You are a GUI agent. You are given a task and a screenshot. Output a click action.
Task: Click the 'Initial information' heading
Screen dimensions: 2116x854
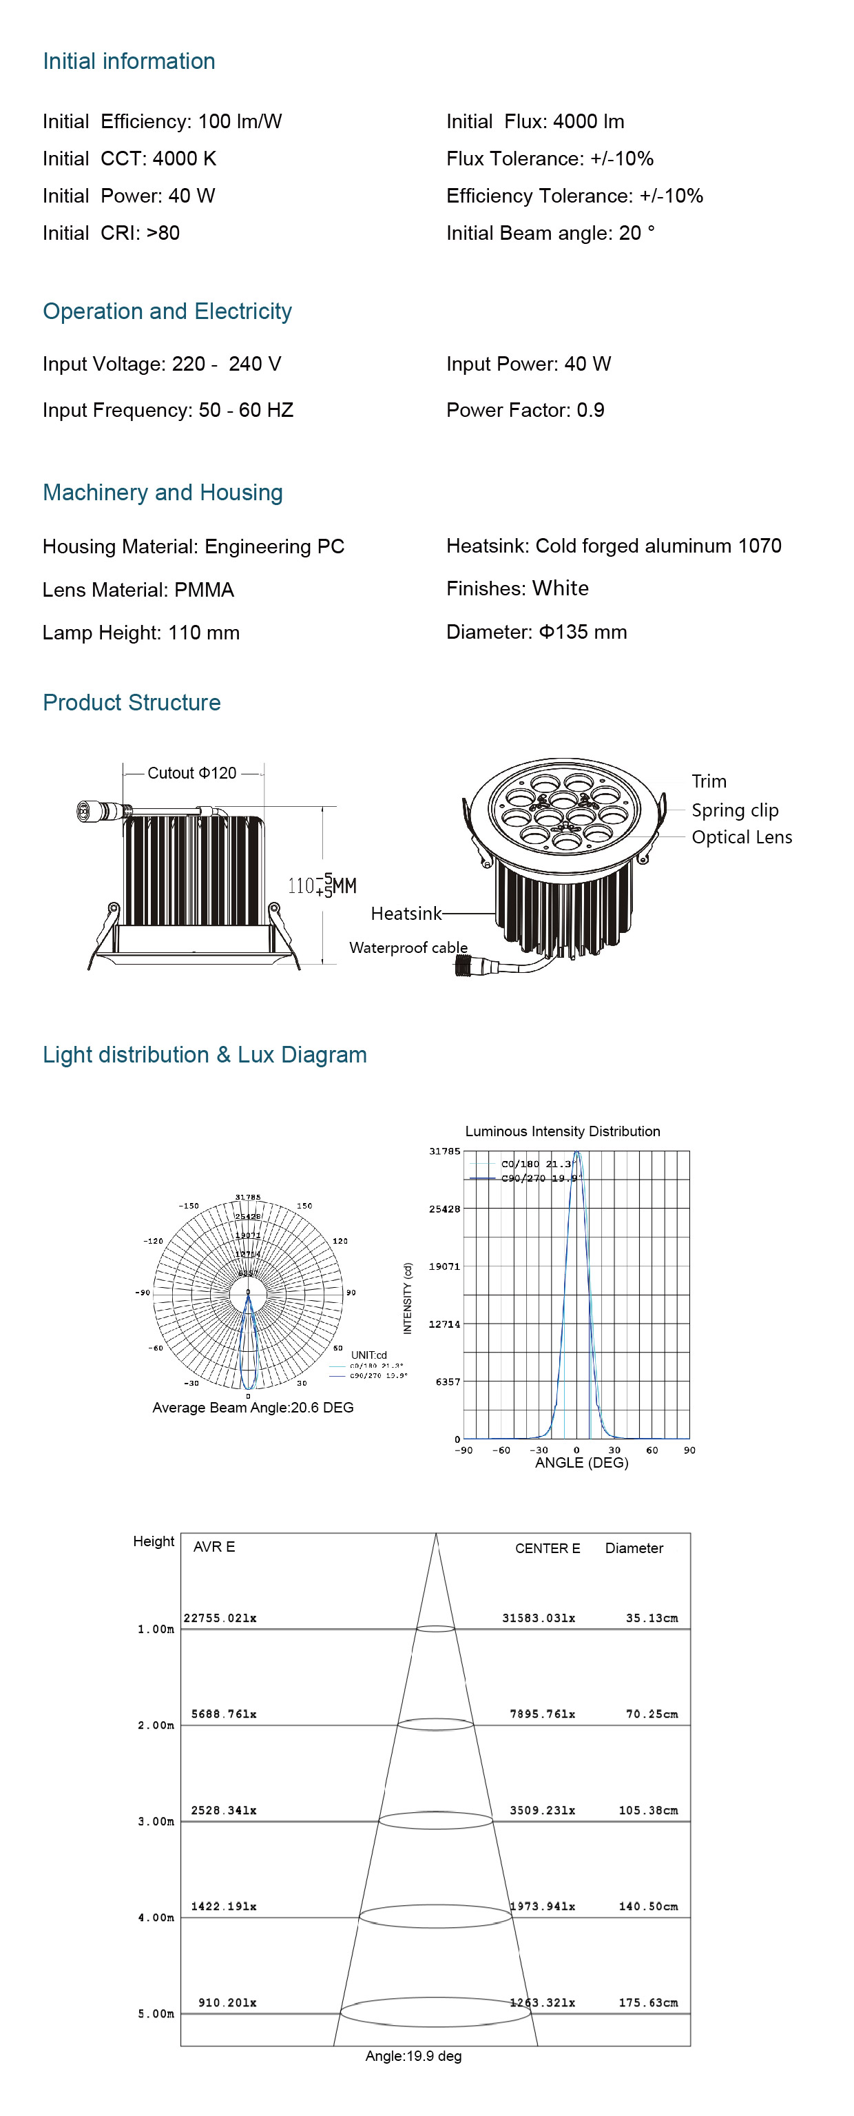(x=129, y=61)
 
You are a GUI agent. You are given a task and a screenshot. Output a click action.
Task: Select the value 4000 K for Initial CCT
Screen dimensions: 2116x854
(x=185, y=158)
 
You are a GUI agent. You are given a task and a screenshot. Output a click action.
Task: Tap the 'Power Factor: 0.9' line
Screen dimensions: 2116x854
(x=525, y=410)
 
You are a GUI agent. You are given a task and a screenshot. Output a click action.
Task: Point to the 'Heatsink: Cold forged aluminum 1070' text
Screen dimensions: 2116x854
(x=614, y=546)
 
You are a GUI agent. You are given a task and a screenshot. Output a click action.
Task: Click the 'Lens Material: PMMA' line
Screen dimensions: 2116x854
(x=138, y=590)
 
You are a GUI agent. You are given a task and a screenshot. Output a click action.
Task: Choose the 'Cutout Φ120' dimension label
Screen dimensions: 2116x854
(x=191, y=773)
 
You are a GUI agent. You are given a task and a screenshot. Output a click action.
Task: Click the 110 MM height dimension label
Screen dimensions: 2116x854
(x=321, y=885)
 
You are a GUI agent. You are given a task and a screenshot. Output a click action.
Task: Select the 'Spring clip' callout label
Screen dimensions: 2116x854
(x=734, y=810)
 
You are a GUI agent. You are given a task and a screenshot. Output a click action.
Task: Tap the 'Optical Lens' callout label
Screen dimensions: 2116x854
(x=742, y=837)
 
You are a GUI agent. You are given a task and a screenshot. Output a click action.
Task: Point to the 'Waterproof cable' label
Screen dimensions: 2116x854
(x=408, y=947)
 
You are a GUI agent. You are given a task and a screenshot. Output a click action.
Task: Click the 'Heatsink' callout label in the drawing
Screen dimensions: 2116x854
(x=406, y=914)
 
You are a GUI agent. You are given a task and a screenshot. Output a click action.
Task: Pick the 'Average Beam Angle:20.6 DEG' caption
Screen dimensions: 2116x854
(x=253, y=1407)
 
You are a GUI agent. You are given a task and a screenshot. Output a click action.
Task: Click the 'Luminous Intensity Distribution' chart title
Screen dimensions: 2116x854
(x=563, y=1131)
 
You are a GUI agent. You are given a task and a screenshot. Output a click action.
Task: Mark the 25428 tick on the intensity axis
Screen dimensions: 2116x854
(x=444, y=1209)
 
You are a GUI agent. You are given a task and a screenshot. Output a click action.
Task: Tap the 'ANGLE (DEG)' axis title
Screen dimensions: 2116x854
(x=581, y=1462)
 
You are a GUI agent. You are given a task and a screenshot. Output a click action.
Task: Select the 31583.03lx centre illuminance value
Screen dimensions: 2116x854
(x=539, y=1617)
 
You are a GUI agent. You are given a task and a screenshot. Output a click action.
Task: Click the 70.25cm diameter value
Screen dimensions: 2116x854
(x=652, y=1714)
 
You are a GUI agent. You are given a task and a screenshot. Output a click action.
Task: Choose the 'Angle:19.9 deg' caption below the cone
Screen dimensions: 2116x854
(x=413, y=2055)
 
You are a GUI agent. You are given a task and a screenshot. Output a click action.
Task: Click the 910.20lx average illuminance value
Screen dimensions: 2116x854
(x=227, y=2002)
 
